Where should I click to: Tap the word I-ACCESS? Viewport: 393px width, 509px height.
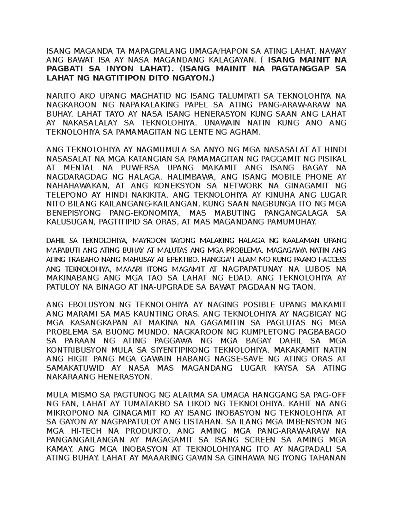(x=327, y=260)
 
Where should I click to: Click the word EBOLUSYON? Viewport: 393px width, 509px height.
(x=88, y=304)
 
